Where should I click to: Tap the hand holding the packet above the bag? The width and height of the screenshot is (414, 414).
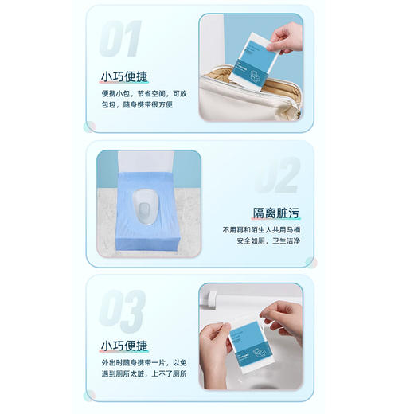point(285,37)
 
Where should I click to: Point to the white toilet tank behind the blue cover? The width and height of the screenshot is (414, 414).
point(147,163)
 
